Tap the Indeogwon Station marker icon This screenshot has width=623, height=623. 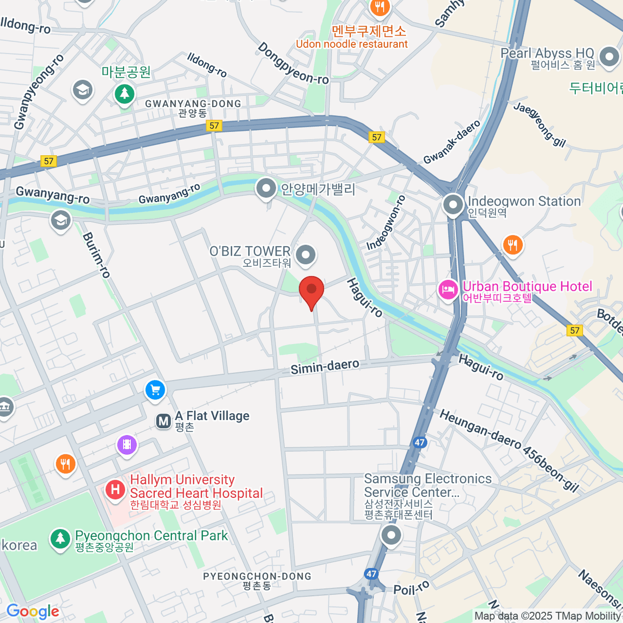[x=453, y=205]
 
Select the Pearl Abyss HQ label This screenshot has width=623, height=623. [x=547, y=53]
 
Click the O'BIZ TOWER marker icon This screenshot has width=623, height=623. [x=306, y=255]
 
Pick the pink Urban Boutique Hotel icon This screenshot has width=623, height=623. [x=448, y=289]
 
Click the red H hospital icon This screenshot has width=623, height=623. [x=115, y=489]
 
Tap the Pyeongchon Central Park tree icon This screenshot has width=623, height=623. [x=61, y=538]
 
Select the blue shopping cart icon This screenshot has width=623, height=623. [x=155, y=389]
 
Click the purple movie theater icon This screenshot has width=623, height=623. [x=127, y=445]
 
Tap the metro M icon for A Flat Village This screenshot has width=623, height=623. [x=164, y=421]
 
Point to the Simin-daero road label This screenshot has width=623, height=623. [x=324, y=367]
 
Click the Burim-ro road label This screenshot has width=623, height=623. [x=97, y=255]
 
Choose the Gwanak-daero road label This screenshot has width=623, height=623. [x=452, y=142]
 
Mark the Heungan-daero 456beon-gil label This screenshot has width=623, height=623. [x=509, y=450]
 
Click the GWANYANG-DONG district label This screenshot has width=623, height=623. [x=193, y=104]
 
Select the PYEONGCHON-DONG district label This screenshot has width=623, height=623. [x=257, y=576]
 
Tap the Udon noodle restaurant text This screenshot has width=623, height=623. [x=351, y=44]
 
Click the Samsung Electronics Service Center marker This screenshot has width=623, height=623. [x=391, y=534]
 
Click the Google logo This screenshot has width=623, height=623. [x=33, y=612]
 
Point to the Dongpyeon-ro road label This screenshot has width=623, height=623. [x=293, y=64]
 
